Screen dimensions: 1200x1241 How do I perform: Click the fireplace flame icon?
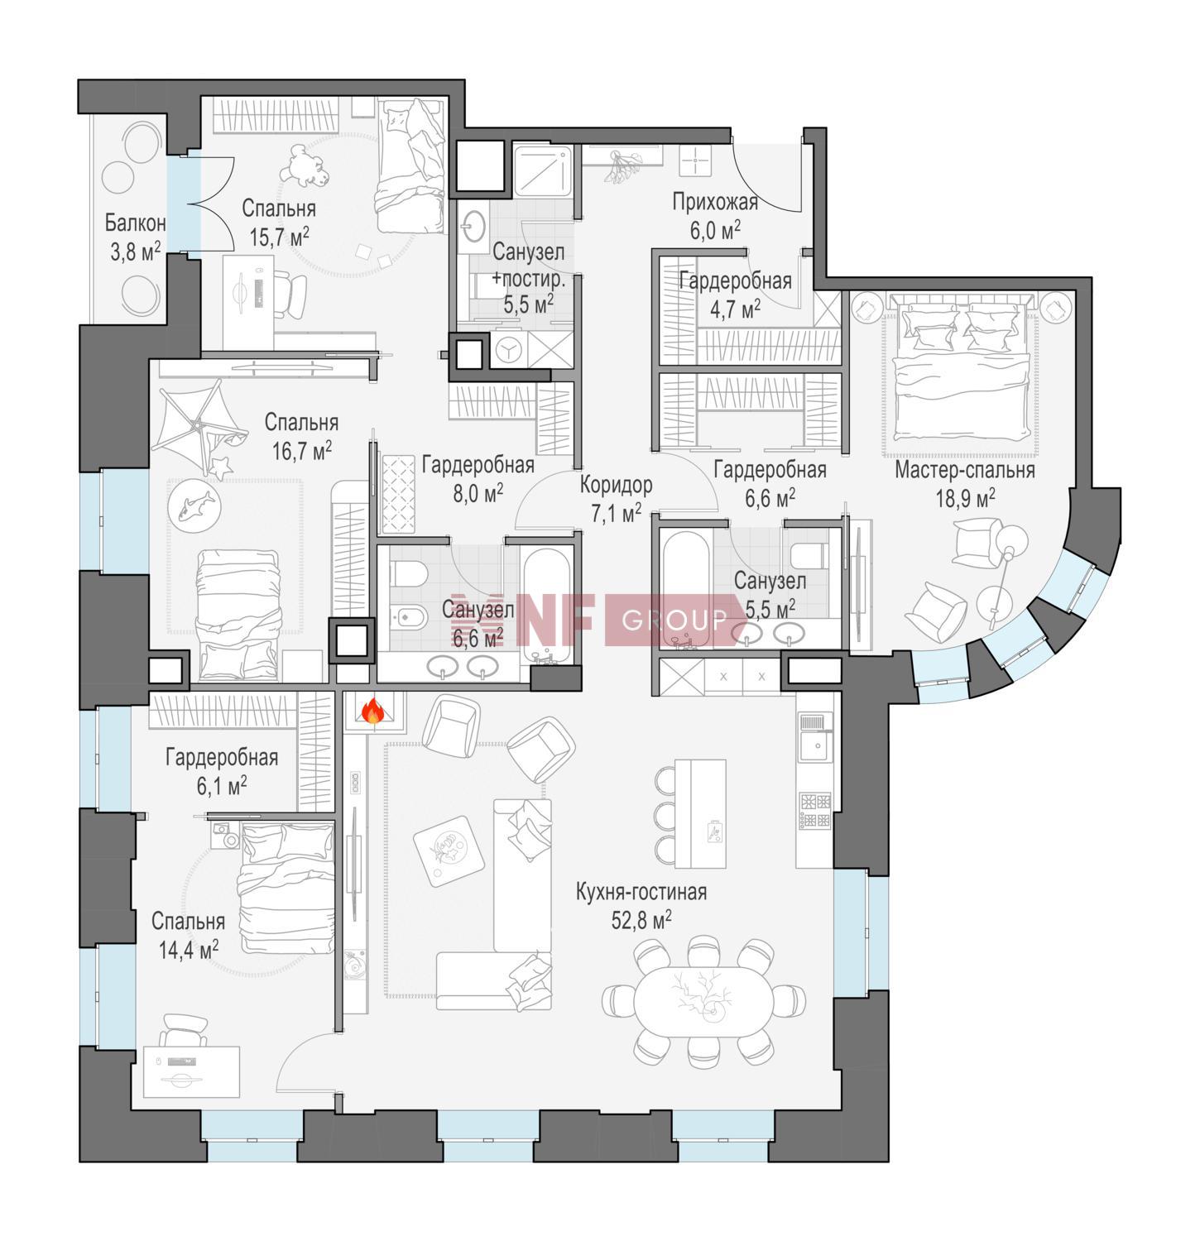tap(372, 711)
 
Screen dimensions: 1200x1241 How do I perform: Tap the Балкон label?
tap(136, 223)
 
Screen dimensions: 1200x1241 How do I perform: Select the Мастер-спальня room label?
tap(964, 471)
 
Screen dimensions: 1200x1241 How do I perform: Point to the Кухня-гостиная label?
tap(641, 892)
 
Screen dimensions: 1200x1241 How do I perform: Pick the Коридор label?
tap(616, 485)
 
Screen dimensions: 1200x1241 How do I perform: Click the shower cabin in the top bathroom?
tap(542, 171)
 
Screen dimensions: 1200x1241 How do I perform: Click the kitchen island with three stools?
tap(699, 812)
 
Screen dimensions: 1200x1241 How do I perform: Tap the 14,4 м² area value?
tap(189, 949)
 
